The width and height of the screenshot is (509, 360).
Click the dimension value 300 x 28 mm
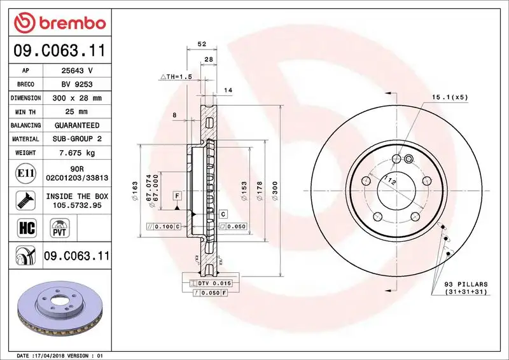pos(77,99)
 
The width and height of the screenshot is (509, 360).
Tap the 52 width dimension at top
pos(202,44)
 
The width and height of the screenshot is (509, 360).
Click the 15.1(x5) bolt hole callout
pos(450,97)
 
